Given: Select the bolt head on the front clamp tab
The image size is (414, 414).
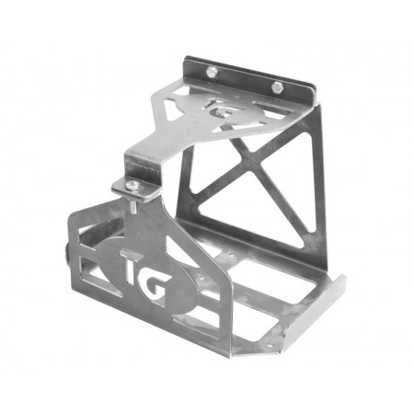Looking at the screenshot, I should (135, 186).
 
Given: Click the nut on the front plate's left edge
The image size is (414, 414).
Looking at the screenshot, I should (66, 252).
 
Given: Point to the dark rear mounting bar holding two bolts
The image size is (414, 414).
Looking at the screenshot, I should (244, 78).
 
